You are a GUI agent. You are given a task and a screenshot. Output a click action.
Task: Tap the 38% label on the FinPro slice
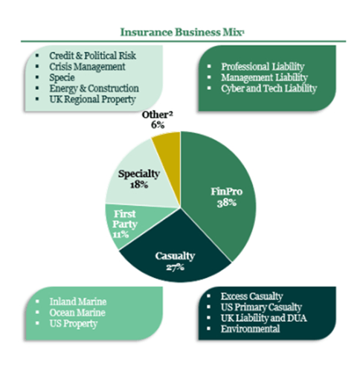pyautogui.click(x=227, y=203)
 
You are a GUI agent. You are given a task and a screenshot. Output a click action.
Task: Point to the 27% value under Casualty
pyautogui.click(x=175, y=267)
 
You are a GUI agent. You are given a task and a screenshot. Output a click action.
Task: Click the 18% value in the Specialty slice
pyautogui.click(x=139, y=184)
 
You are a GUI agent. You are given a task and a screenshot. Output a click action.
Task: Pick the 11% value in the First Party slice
pyautogui.click(x=120, y=234)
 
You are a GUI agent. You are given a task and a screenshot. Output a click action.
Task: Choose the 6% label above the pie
pyautogui.click(x=158, y=125)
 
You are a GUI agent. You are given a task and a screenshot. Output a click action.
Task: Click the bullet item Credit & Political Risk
pyautogui.click(x=92, y=56)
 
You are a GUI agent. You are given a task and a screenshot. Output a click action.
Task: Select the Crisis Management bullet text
pyautogui.click(x=87, y=67)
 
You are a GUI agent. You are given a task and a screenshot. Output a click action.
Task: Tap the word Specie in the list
pyautogui.click(x=62, y=77)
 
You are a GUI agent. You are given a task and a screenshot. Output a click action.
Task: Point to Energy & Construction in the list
pyautogui.click(x=94, y=88)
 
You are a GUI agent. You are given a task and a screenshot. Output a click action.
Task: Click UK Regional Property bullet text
pyautogui.click(x=92, y=100)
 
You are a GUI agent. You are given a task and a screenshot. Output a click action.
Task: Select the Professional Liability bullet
pyautogui.click(x=263, y=67)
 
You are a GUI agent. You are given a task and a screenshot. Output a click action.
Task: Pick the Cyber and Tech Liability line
pyautogui.click(x=269, y=88)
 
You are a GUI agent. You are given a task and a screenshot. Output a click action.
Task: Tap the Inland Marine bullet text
pyautogui.click(x=78, y=302)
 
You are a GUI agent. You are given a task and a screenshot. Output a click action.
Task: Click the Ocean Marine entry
pyautogui.click(x=77, y=312)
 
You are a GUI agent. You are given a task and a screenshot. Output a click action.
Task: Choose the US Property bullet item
pyautogui.click(x=74, y=323)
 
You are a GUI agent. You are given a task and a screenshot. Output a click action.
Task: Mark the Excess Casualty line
pyautogui.click(x=251, y=296)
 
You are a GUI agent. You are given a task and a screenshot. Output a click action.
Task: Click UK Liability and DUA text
pyautogui.click(x=264, y=318)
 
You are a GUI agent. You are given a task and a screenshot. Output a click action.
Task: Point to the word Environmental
pyautogui.click(x=250, y=329)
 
